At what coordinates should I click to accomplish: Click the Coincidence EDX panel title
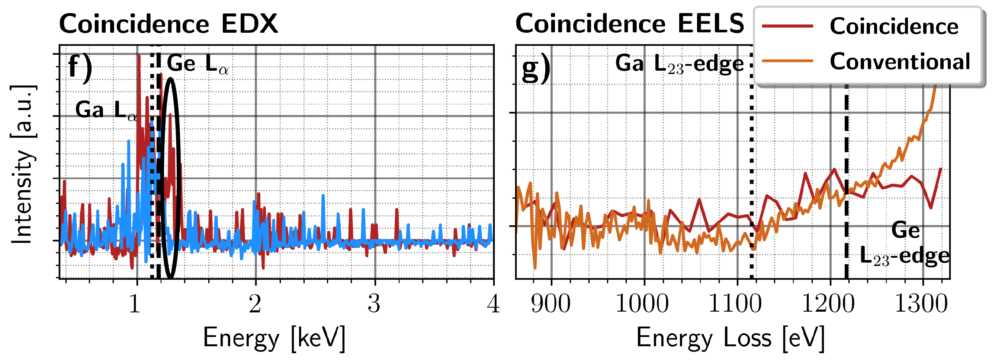click(168, 24)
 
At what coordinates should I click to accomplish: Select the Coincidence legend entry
click(893, 26)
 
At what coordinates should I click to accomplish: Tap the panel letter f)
click(80, 68)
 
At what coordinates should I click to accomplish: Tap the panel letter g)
click(536, 68)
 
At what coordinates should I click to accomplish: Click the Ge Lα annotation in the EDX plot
click(198, 64)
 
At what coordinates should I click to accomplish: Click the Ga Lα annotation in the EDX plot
click(106, 110)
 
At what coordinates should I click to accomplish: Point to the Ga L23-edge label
click(679, 64)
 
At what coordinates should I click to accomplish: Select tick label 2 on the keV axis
click(255, 304)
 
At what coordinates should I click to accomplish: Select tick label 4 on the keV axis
click(493, 304)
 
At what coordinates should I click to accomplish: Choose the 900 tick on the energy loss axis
click(551, 304)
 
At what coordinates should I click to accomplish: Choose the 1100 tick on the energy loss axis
click(735, 304)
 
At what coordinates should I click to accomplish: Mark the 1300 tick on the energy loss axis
click(921, 304)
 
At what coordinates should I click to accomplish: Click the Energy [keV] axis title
click(274, 338)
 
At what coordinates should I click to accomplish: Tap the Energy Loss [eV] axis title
click(730, 338)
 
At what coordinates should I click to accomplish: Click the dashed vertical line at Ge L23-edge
click(847, 239)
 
